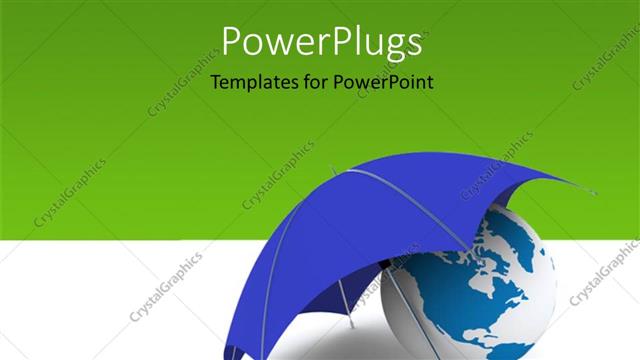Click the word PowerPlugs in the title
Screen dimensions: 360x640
pos(319,43)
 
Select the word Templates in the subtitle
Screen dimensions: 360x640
pos(253,83)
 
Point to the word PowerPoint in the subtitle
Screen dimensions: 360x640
pos(383,83)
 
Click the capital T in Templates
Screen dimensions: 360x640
pos(216,83)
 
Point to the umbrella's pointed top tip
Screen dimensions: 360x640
pos(335,168)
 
